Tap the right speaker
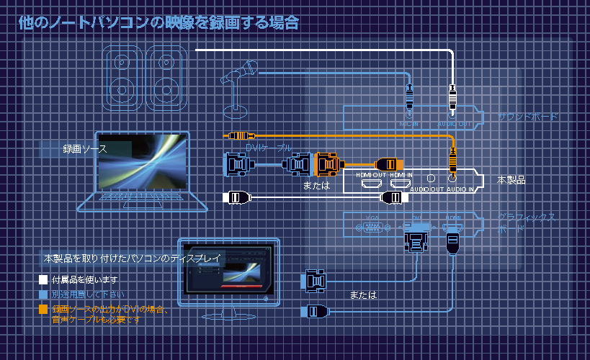click(x=166, y=78)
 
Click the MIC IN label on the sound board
click(x=408, y=123)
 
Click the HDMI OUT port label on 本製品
click(x=371, y=175)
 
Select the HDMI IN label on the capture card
click(x=401, y=175)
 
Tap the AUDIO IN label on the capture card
click(x=460, y=189)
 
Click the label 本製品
click(x=511, y=180)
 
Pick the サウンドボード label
click(x=528, y=116)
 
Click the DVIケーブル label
click(x=269, y=147)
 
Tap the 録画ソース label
click(x=84, y=149)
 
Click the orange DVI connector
click(x=328, y=165)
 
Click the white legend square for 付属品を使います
click(x=43, y=279)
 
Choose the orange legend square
click(x=43, y=310)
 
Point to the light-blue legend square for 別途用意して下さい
click(x=43, y=294)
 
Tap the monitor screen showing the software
click(x=228, y=269)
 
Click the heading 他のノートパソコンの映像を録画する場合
click(x=158, y=23)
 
